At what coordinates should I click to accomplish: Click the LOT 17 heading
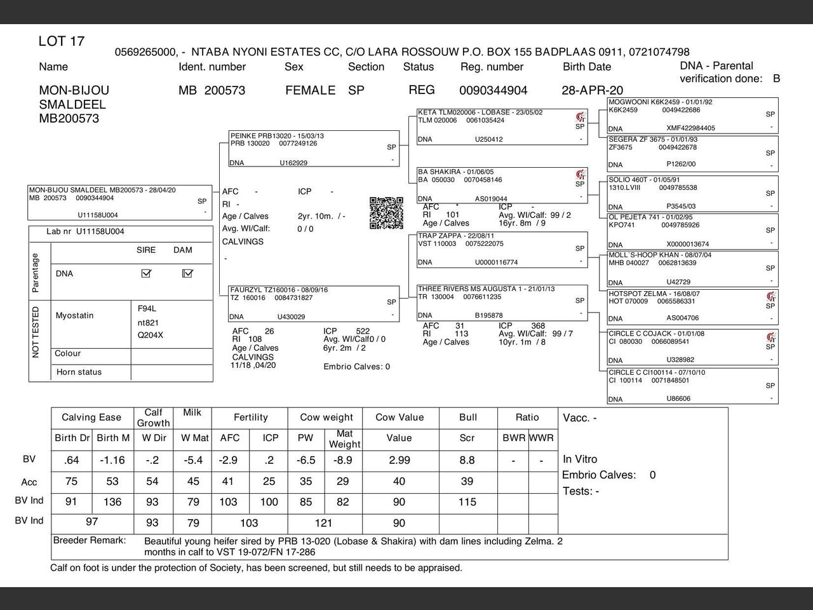pyautogui.click(x=62, y=41)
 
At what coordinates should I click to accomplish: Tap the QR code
pyautogui.click(x=386, y=213)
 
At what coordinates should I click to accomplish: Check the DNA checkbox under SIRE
pyautogui.click(x=147, y=273)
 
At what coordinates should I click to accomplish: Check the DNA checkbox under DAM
pyautogui.click(x=187, y=273)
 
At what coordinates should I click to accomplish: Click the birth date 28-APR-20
pyautogui.click(x=592, y=90)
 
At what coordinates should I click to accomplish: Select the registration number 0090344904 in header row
pyautogui.click(x=493, y=90)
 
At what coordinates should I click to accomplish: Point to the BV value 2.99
pyautogui.click(x=400, y=460)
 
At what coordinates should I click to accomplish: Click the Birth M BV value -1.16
pyautogui.click(x=112, y=460)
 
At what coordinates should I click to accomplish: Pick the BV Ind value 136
pyautogui.click(x=112, y=502)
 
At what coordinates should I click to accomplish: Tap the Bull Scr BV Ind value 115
pyautogui.click(x=467, y=502)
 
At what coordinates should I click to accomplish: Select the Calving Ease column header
pyautogui.click(x=91, y=417)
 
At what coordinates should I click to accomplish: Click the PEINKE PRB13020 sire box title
pyautogui.click(x=277, y=136)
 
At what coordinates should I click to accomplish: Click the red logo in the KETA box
pyautogui.click(x=580, y=117)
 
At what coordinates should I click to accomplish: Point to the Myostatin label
pyautogui.click(x=74, y=315)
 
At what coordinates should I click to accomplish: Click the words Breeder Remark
pyautogui.click(x=90, y=541)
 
